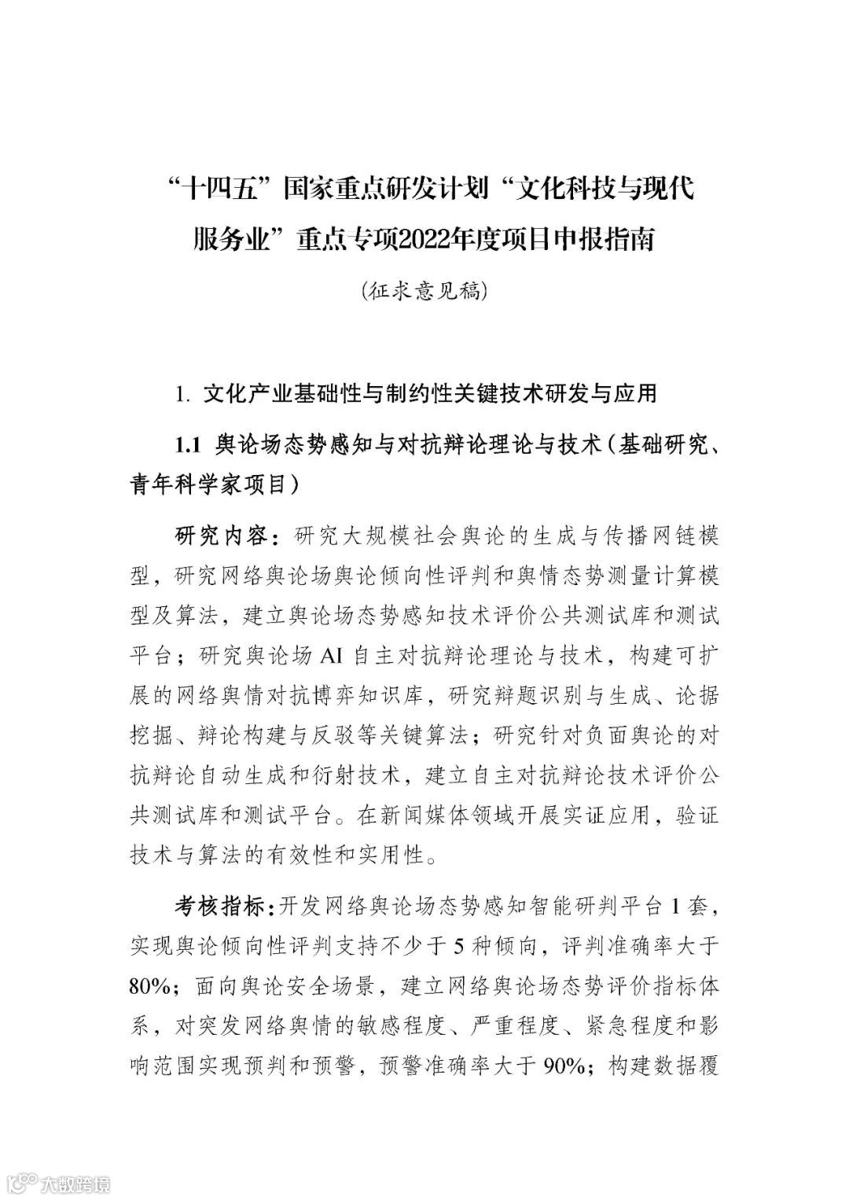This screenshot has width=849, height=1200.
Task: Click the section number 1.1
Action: (190, 444)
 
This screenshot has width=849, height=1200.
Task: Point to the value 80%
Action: (151, 986)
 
